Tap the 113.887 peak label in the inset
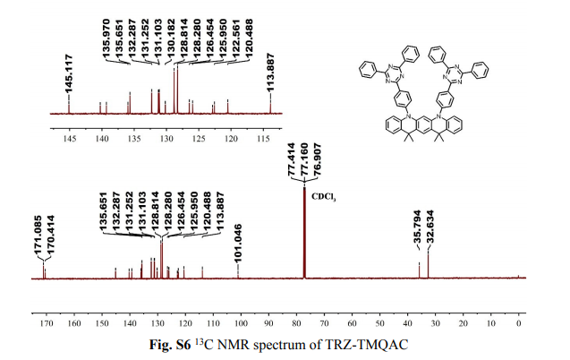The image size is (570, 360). (x=271, y=72)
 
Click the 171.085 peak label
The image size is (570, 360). (x=38, y=238)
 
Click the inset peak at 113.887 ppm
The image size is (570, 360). (x=270, y=106)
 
